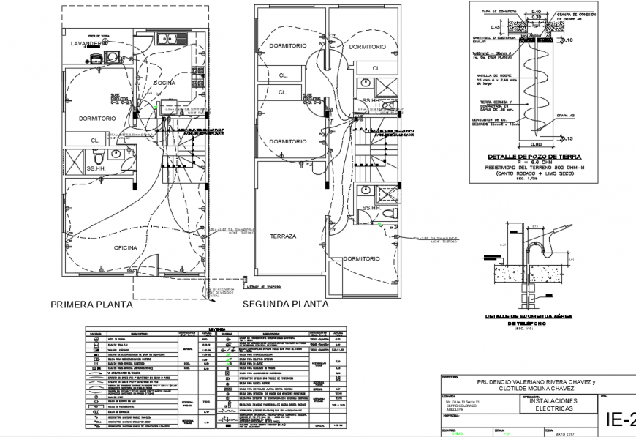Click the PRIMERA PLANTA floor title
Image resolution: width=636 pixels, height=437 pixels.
(91, 304)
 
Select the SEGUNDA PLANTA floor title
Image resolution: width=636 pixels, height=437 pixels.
(285, 304)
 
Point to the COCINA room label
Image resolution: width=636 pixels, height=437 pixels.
(164, 83)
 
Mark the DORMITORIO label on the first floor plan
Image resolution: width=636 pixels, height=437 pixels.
(96, 118)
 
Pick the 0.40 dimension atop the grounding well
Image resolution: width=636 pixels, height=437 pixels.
(536, 11)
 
